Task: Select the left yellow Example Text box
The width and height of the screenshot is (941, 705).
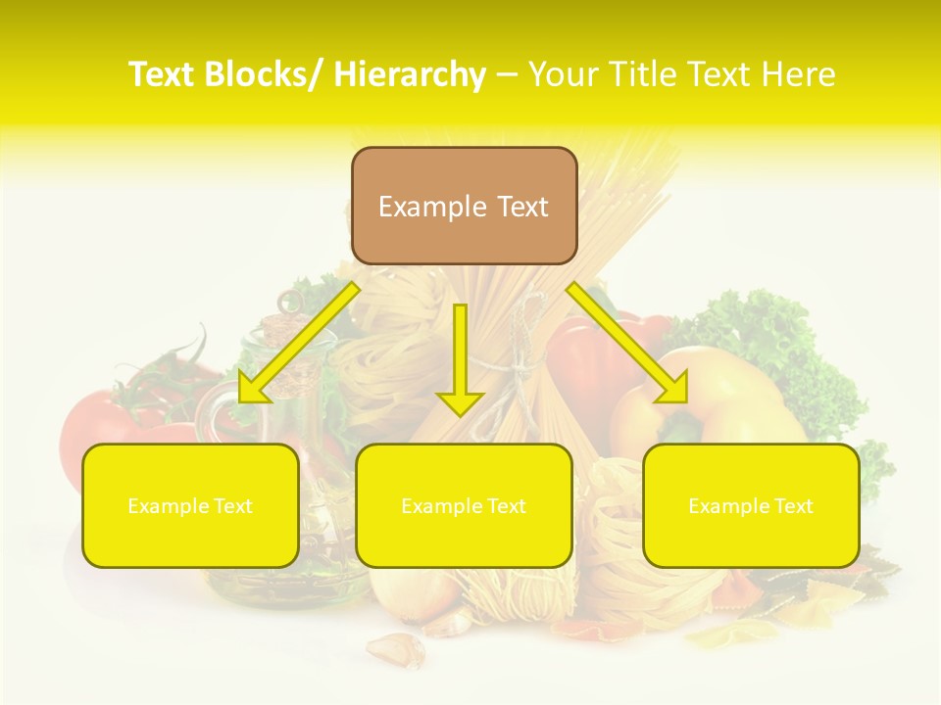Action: (x=190, y=505)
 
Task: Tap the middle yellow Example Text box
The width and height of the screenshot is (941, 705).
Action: (x=464, y=505)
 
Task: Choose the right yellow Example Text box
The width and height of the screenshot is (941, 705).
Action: (x=751, y=505)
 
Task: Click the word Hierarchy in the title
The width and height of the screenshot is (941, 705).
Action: (x=410, y=74)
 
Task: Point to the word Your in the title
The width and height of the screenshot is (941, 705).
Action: (x=564, y=74)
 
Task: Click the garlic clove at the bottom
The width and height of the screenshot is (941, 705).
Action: (x=396, y=648)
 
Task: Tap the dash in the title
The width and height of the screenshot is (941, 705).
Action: (x=507, y=74)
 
